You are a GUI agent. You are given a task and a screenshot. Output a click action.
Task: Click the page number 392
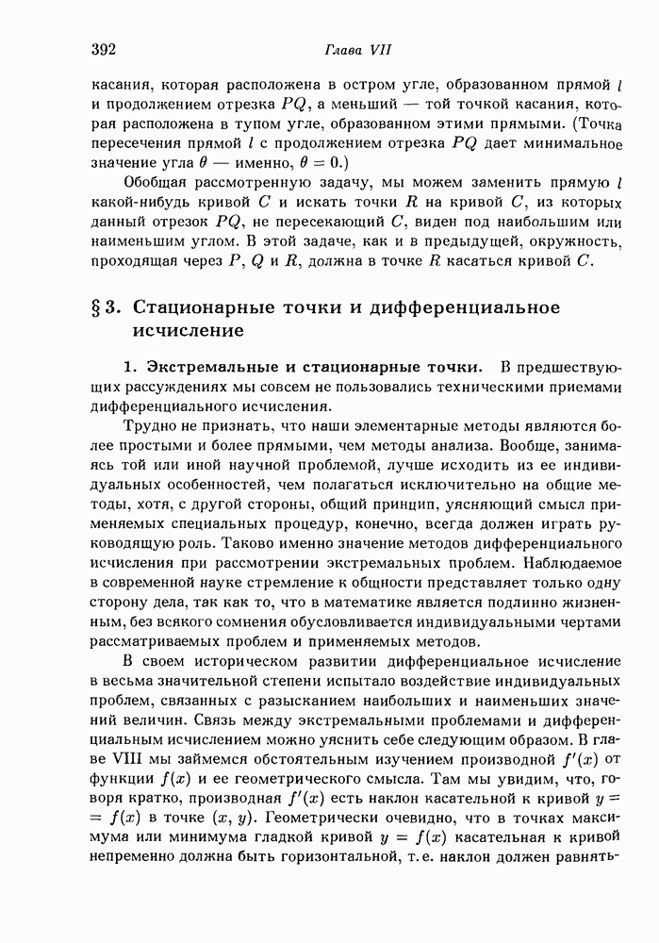(x=104, y=49)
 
